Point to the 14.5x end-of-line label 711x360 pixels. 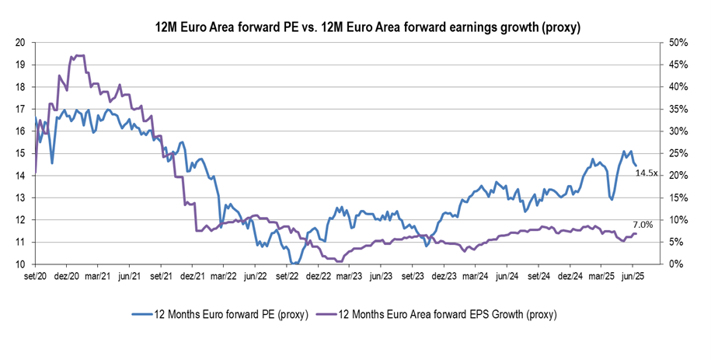tap(647, 173)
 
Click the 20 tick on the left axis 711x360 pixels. tap(20, 42)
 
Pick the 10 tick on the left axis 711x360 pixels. tap(20, 264)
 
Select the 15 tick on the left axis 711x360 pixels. tap(20, 153)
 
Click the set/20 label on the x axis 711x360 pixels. tap(36, 277)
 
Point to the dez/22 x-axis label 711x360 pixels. tap(319, 277)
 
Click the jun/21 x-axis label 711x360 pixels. tap(130, 277)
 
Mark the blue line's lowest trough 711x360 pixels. tap(297, 264)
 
